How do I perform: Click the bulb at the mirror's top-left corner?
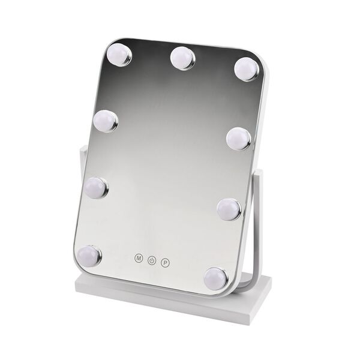click(119, 55)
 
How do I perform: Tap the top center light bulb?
click(183, 58)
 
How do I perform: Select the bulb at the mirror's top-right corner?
click(247, 68)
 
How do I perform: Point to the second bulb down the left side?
click(106, 121)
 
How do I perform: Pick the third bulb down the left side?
click(97, 188)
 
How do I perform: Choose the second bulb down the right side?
click(239, 139)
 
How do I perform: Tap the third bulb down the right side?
click(230, 209)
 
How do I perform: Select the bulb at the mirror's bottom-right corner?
click(216, 278)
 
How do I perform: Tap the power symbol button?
click(152, 260)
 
